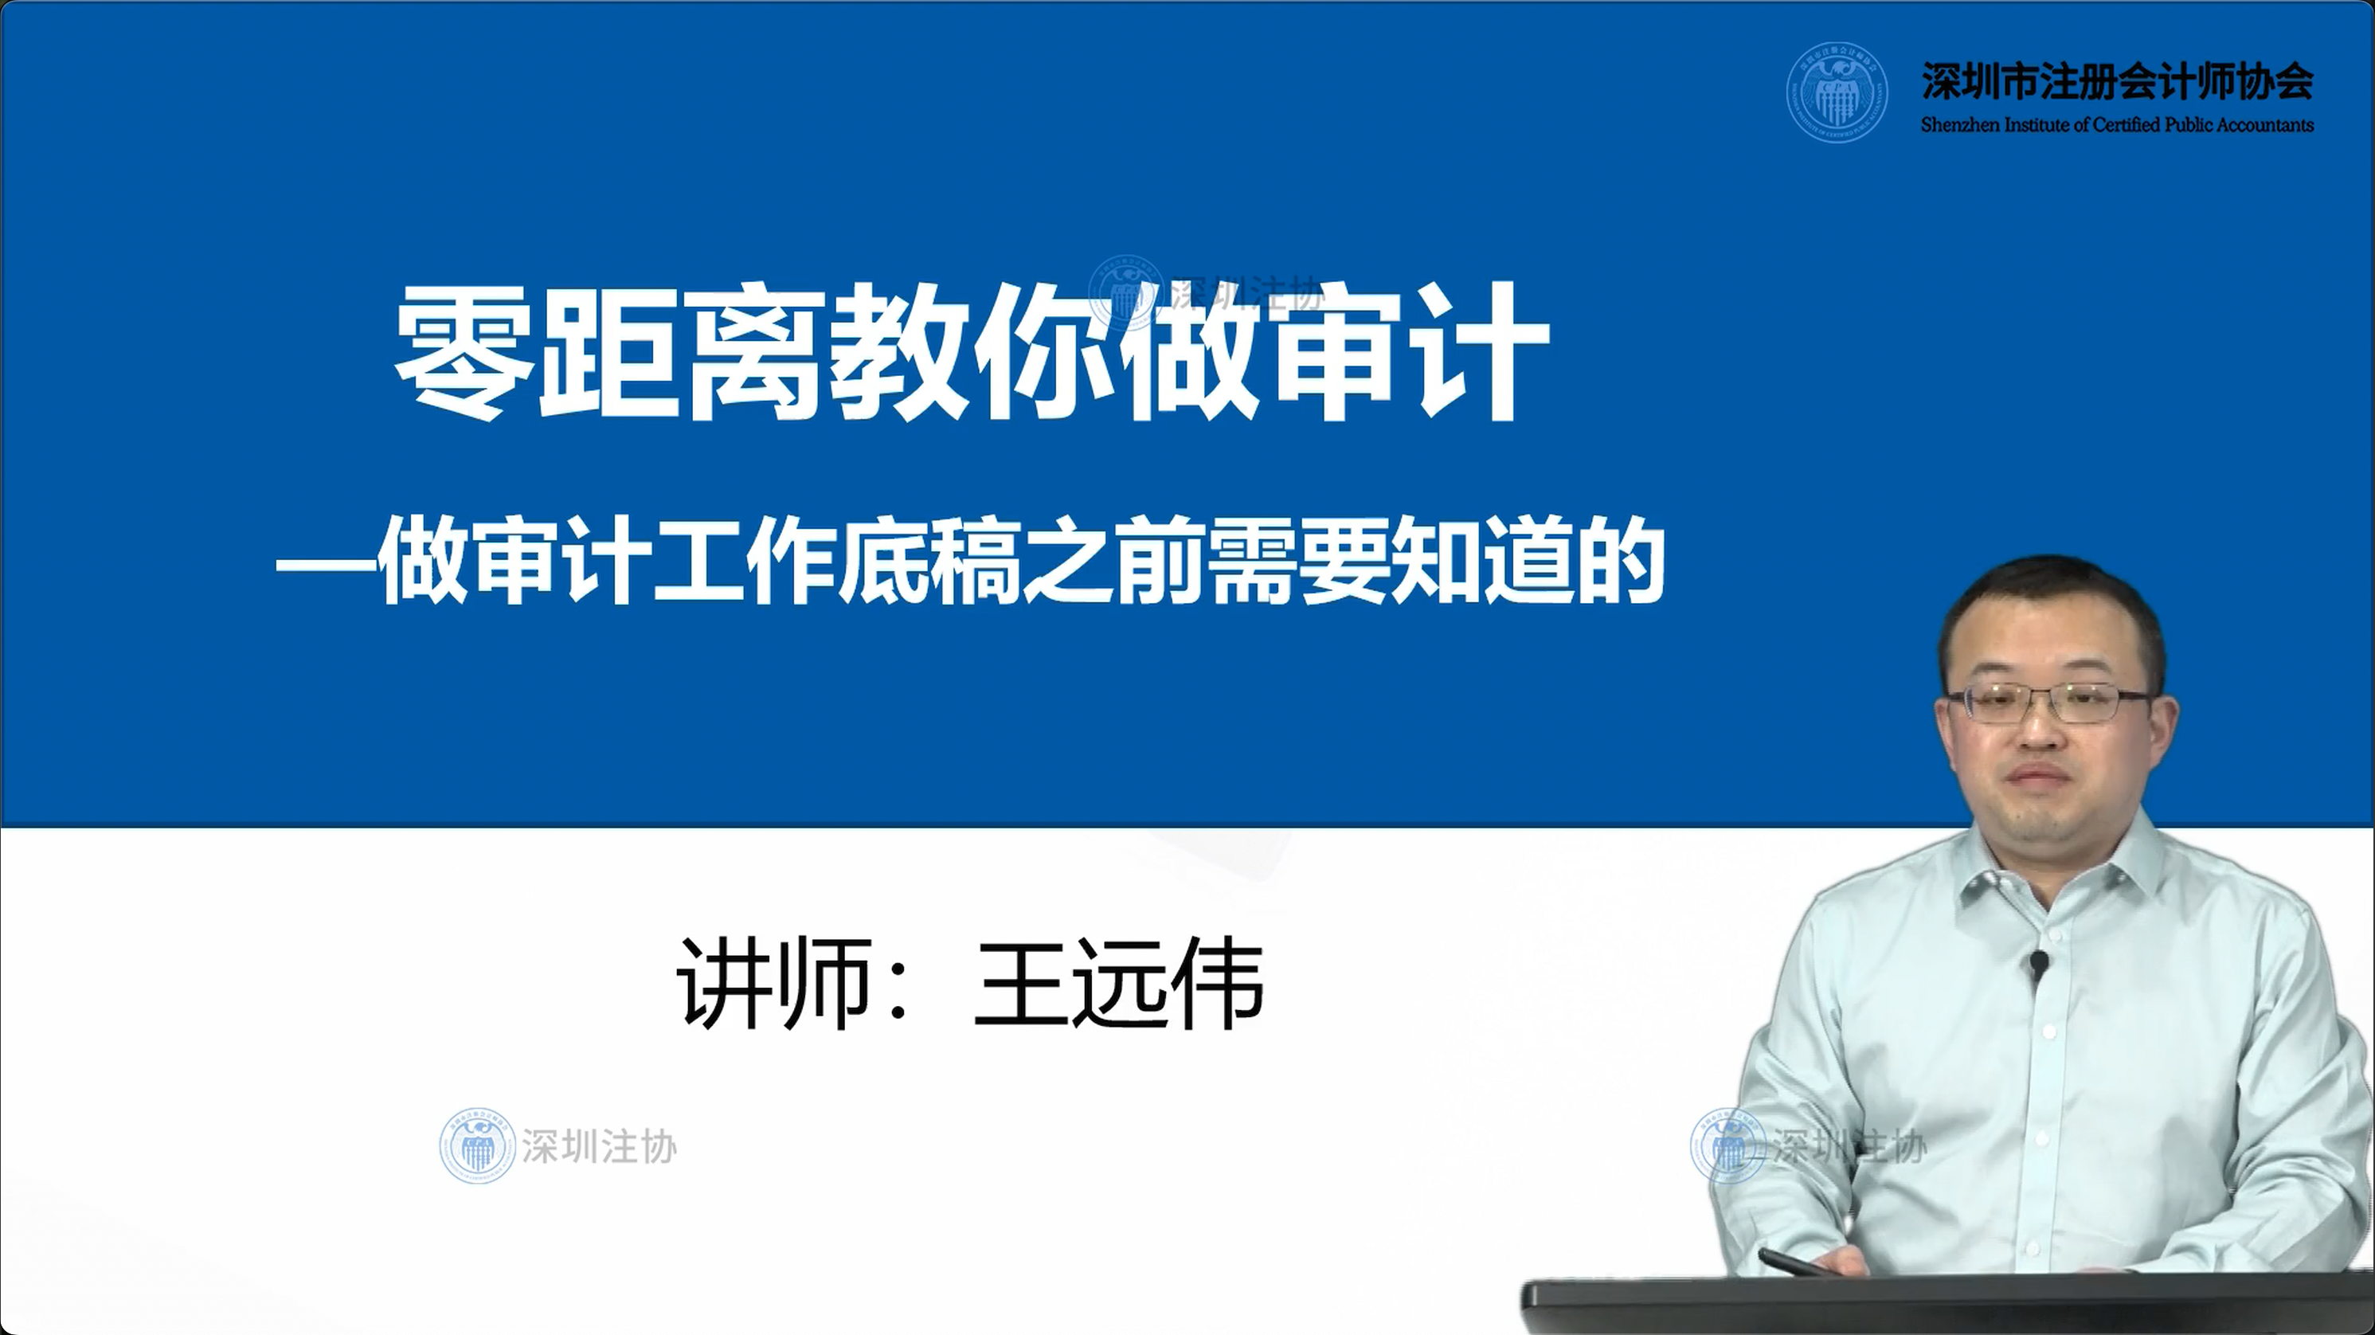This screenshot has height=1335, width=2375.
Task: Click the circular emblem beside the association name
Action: tap(1836, 92)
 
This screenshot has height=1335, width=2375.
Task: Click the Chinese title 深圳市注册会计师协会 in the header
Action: tap(2117, 81)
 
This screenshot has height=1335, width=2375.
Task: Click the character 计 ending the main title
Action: tap(1482, 351)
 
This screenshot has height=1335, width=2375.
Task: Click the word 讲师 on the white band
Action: tap(773, 983)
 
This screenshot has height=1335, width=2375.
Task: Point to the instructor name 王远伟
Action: tap(1119, 983)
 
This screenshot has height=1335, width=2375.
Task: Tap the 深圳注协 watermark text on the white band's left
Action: tap(599, 1147)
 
